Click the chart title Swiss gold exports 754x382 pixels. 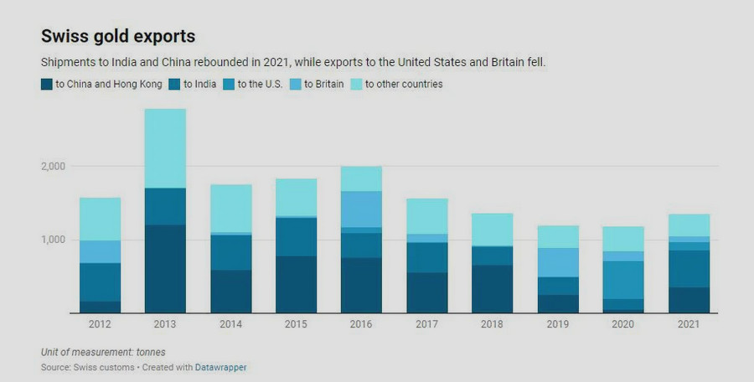(x=118, y=37)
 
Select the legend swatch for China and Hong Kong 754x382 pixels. (x=47, y=84)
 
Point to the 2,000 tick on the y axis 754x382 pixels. (x=54, y=167)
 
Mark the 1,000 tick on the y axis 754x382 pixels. (x=54, y=240)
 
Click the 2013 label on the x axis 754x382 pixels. (x=165, y=323)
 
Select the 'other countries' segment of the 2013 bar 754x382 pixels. (x=165, y=148)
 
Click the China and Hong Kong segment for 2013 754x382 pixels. (x=165, y=268)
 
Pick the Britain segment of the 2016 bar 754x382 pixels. (x=362, y=209)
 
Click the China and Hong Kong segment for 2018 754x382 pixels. (x=493, y=289)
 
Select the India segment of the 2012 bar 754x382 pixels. (x=100, y=282)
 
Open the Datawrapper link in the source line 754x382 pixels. (x=221, y=367)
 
